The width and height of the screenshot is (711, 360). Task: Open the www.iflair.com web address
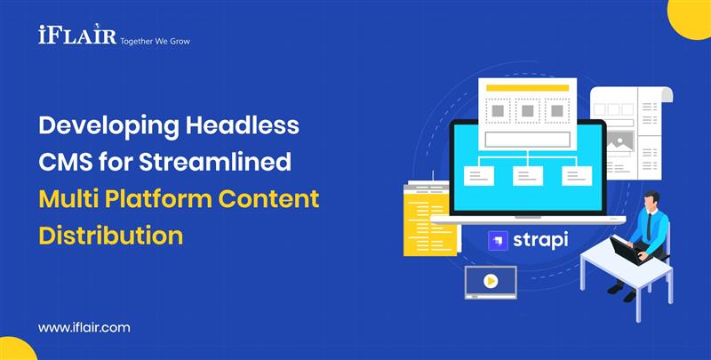tap(84, 327)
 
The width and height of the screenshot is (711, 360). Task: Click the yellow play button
tap(490, 281)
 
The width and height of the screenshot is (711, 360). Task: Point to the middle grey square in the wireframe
tap(527, 111)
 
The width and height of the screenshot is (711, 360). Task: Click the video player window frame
tap(490, 282)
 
